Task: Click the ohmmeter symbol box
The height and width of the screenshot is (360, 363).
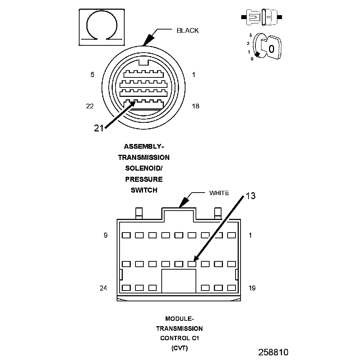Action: click(102, 27)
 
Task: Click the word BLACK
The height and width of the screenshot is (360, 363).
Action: click(187, 31)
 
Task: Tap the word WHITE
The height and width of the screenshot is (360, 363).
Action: click(219, 193)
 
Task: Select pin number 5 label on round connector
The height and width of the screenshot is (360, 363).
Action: click(93, 75)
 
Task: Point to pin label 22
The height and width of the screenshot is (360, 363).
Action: click(90, 106)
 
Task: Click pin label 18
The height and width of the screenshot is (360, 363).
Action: click(195, 106)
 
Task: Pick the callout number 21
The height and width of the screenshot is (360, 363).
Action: click(99, 128)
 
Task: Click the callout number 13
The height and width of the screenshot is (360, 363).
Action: click(251, 195)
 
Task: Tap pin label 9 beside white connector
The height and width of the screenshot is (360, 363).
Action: click(106, 235)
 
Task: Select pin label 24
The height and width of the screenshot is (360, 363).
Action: click(104, 288)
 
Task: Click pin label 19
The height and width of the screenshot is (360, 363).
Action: click(252, 288)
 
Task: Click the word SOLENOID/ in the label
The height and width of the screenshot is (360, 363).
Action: click(144, 168)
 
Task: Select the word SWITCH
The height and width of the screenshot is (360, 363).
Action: click(144, 190)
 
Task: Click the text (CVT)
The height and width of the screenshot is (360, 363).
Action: click(179, 348)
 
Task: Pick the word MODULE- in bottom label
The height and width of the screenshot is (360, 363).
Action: click(179, 319)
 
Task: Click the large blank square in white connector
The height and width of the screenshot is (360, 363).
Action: click(179, 281)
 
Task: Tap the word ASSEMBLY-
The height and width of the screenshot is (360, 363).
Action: click(144, 147)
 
